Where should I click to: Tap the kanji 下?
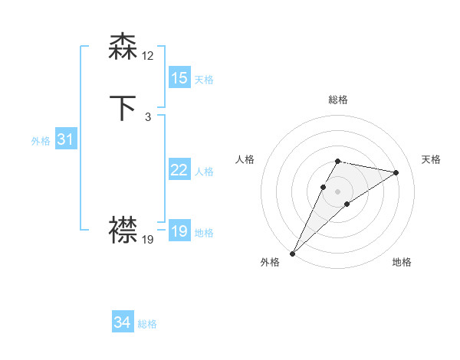pos(123,108)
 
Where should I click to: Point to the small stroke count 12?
pos(148,56)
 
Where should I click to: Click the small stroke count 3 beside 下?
pos(147,117)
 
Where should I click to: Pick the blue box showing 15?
pos(179,78)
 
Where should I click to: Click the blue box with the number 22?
pos(179,170)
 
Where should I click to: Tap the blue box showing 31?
pos(65,139)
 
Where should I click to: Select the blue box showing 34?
pos(122,322)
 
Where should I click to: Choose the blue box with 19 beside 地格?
pos(179,231)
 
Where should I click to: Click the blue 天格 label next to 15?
pos(204,80)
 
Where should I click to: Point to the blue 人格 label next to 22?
pos(204,172)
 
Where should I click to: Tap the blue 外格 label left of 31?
pos(41,141)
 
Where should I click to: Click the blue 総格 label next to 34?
pos(147,324)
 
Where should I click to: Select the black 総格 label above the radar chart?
pos(338,100)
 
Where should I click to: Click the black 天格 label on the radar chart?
pos(432,159)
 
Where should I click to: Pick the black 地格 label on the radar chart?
pos(402,262)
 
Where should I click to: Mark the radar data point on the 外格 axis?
pos(293,253)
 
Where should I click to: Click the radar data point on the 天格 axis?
pos(396,172)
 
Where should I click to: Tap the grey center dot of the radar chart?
pos(338,191)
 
